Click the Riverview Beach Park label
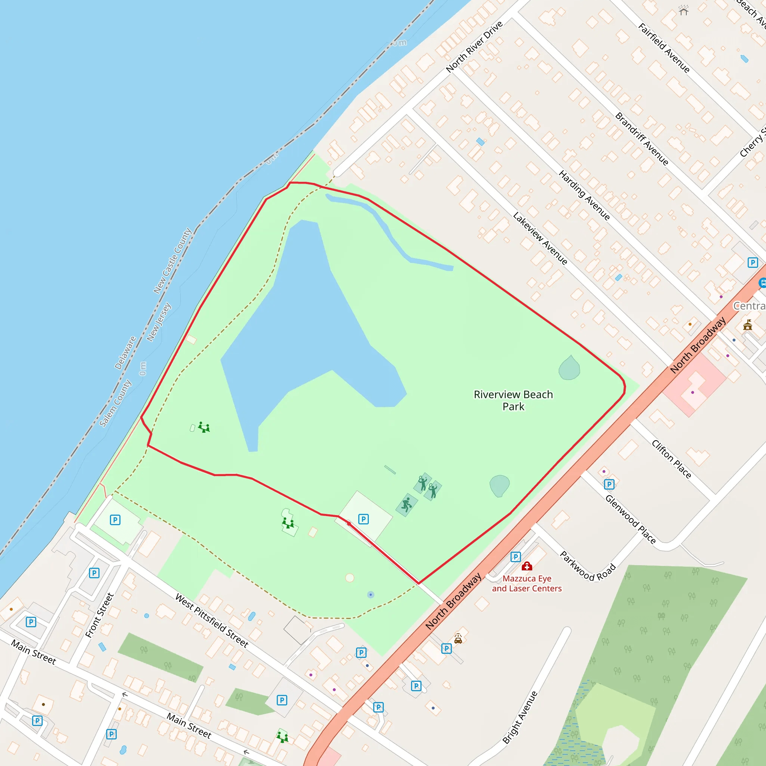[513, 401]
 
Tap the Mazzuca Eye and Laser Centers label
[527, 583]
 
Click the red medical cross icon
[527, 566]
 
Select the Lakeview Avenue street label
[540, 238]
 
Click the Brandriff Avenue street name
[641, 139]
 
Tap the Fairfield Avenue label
[664, 48]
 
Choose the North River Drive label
[474, 47]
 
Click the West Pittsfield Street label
[212, 621]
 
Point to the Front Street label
[99, 615]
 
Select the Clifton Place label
[671, 459]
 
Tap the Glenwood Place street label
[630, 519]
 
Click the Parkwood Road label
[588, 566]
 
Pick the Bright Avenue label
[520, 717]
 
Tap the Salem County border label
[115, 403]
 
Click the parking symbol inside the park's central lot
[363, 519]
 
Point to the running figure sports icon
[407, 505]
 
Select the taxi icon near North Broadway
[458, 639]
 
